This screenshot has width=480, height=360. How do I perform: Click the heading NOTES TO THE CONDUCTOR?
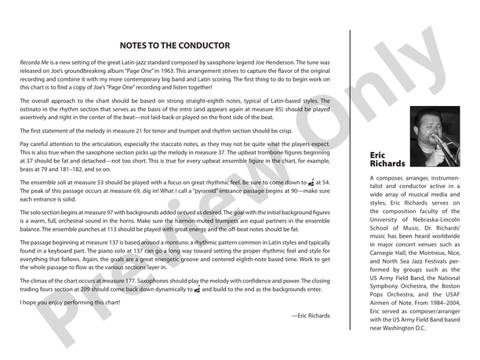coord(175,45)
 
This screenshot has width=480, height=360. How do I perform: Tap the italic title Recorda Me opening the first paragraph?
coord(35,61)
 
